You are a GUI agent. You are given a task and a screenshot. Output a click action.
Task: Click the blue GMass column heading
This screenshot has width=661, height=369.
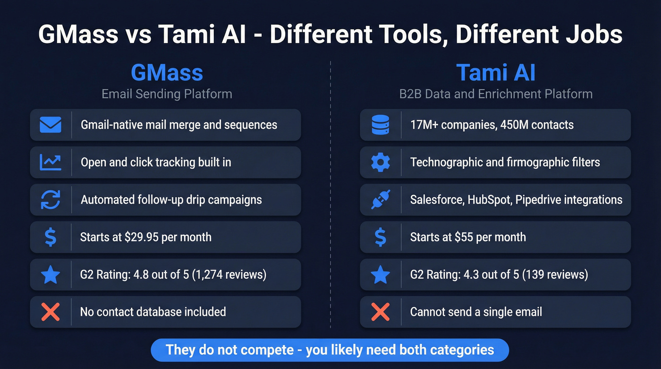click(x=167, y=73)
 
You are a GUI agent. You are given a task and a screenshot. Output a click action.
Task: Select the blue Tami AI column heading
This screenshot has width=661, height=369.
click(x=496, y=73)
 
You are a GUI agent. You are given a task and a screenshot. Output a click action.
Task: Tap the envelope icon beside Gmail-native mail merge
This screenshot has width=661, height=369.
click(x=51, y=125)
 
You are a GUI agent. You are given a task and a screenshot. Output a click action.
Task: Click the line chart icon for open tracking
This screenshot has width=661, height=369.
click(x=51, y=162)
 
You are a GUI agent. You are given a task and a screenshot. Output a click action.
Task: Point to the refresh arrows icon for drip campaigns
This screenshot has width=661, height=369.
click(x=51, y=199)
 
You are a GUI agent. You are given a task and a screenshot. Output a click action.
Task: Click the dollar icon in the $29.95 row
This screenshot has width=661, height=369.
click(x=51, y=237)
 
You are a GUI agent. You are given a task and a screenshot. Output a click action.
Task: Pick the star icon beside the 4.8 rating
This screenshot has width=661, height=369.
click(x=51, y=274)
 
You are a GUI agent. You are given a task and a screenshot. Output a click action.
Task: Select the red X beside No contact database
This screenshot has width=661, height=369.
click(x=51, y=312)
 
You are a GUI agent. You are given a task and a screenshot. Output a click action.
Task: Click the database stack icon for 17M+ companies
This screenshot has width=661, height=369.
click(x=380, y=125)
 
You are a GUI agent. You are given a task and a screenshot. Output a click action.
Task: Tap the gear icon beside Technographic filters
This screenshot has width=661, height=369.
click(x=380, y=162)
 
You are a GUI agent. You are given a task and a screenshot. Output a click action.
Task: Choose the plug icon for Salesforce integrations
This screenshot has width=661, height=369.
click(x=380, y=199)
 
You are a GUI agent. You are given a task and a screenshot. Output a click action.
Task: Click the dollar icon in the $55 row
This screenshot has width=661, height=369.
click(x=380, y=237)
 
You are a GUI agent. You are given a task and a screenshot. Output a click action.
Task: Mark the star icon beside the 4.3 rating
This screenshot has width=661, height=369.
click(x=380, y=274)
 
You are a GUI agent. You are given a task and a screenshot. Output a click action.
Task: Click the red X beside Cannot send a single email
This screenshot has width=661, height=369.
click(x=380, y=312)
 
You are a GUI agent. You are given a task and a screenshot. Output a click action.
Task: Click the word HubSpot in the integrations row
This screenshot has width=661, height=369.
click(x=489, y=199)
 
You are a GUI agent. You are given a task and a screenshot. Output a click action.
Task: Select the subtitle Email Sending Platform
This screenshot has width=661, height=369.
click(x=167, y=94)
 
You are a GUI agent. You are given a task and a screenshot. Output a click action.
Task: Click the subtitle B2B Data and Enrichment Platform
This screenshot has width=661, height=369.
click(x=496, y=94)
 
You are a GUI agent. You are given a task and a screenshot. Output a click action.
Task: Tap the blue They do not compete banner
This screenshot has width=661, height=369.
click(x=330, y=350)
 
